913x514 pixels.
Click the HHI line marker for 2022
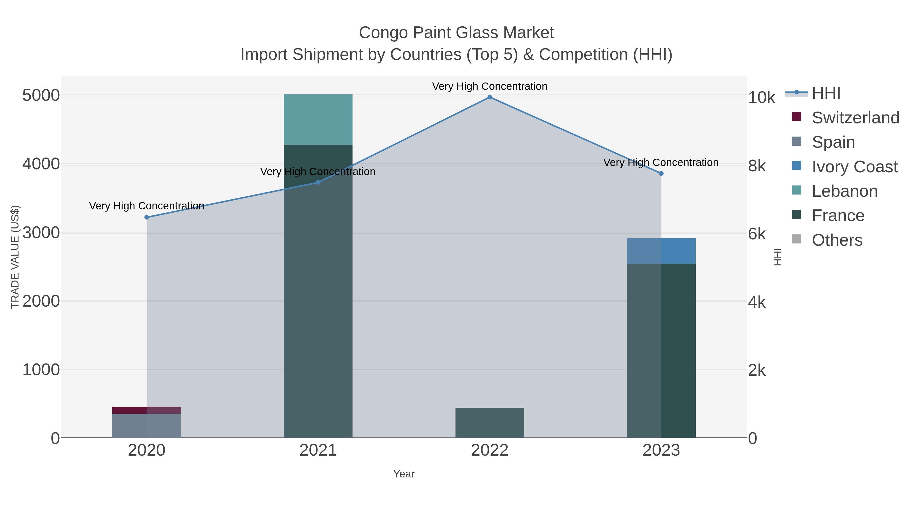point(489,97)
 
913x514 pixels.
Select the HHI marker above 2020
point(147,218)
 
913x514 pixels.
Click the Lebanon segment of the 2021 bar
point(318,120)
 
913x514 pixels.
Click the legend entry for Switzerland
point(855,118)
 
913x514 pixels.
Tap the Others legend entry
point(837,240)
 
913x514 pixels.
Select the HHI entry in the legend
point(826,93)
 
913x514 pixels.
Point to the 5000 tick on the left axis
point(41,96)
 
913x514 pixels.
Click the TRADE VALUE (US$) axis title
point(15,257)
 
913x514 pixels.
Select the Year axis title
point(404,474)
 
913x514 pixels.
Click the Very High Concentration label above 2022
point(489,86)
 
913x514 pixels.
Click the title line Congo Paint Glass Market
point(456,33)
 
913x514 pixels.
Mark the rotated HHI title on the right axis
point(778,257)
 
